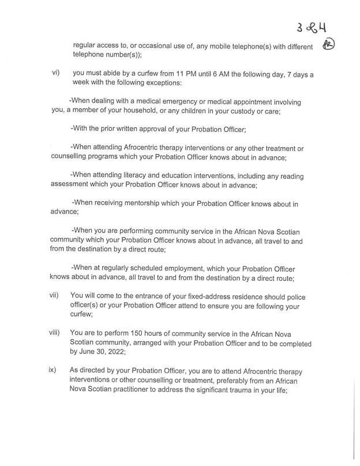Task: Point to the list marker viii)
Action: coord(54,333)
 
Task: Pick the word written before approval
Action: coord(130,129)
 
